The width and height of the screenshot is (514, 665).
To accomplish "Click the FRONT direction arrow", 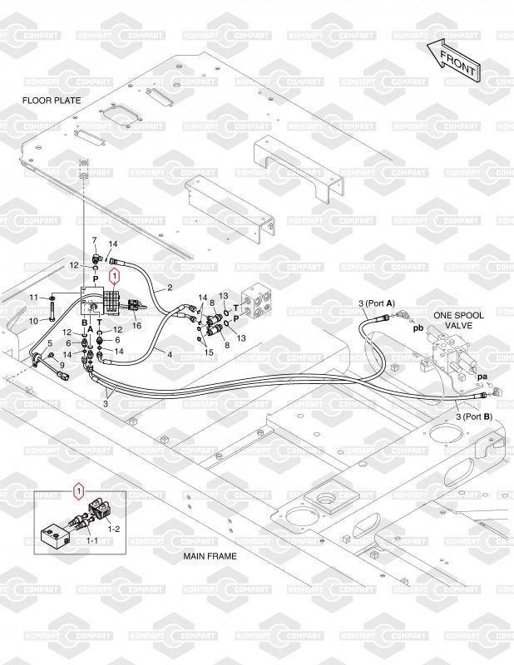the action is pos(454,61).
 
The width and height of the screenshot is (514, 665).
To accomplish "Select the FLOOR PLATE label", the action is pos(52,101).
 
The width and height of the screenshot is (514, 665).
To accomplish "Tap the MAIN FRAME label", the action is pos(210,556).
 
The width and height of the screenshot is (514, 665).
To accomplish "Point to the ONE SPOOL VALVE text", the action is pos(458,320).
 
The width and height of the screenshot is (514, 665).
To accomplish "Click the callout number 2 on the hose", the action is pos(170,288).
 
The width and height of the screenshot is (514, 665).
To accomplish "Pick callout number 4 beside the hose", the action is pos(170,354).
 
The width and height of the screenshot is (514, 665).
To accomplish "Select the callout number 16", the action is pos(136,326).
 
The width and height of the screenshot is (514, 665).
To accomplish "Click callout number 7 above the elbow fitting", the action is pos(94,240).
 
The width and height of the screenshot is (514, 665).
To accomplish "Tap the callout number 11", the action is pos(33,298).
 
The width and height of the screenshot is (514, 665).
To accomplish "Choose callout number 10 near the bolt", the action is pos(33,321).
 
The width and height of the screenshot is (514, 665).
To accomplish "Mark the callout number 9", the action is pos(62,365).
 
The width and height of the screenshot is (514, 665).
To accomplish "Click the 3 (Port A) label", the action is pos(377,303).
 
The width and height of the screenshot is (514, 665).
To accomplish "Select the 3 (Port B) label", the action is pos(474,416).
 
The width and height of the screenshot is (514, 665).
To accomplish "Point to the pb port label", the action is pos(418,328).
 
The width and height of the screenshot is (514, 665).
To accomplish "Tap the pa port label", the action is pos(482,377).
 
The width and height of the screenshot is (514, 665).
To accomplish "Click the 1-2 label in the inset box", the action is pos(114,529).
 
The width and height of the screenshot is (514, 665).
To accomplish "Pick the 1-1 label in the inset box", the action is pos(92,540).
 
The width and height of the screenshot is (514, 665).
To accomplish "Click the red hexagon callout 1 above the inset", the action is pos(78,491).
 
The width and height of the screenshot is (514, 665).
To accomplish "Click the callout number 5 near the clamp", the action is pos(50,343).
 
